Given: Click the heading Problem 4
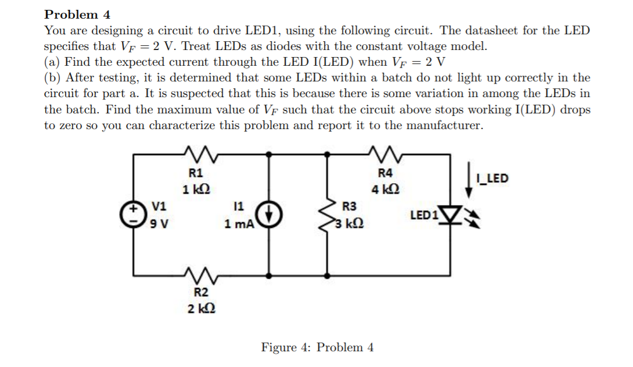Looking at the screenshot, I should (77, 15).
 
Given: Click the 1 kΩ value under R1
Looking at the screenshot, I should (196, 189).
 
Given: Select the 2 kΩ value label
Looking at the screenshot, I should (198, 308).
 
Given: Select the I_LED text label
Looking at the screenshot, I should (491, 178).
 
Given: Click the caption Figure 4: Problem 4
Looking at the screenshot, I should (317, 348).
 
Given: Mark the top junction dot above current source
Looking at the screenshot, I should (269, 154).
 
